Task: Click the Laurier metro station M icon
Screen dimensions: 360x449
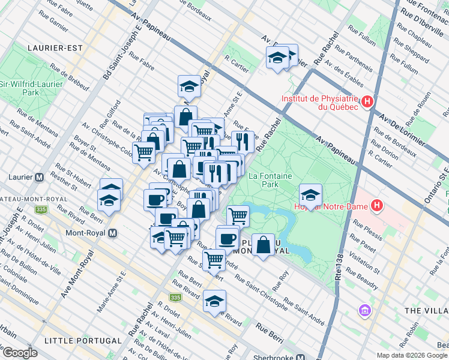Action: [x=40, y=177]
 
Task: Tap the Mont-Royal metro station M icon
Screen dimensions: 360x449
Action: [x=113, y=233]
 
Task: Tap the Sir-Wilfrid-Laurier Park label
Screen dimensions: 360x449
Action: [x=31, y=89]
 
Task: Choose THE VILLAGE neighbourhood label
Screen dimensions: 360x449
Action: [x=426, y=310]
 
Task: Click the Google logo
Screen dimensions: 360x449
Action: [x=20, y=353]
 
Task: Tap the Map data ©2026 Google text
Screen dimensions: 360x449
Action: [x=412, y=355]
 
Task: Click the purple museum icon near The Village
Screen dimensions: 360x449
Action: [x=364, y=311]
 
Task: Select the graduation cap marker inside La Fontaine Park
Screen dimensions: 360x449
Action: [x=310, y=195]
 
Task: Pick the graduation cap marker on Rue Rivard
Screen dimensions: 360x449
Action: [x=214, y=302]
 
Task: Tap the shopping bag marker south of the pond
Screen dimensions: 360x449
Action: [x=263, y=245]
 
